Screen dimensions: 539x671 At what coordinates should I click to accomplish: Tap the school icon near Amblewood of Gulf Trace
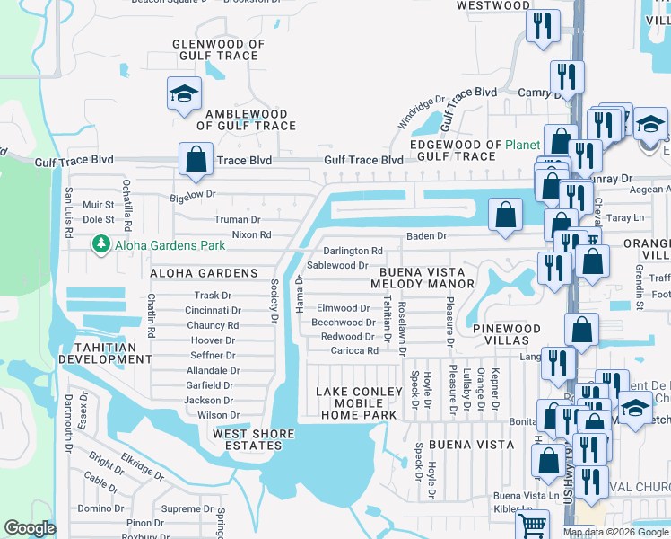point(184,94)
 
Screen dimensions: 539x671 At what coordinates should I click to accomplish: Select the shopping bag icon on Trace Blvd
point(195,160)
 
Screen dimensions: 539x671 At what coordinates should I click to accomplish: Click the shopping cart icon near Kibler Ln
point(533,524)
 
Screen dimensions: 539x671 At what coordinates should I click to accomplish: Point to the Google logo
point(30,528)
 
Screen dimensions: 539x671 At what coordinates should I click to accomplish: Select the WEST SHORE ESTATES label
point(254,440)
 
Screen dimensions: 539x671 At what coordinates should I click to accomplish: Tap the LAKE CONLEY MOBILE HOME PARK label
point(359,403)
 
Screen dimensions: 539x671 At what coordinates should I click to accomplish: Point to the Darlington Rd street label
point(353,252)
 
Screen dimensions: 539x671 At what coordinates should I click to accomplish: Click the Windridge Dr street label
point(422,112)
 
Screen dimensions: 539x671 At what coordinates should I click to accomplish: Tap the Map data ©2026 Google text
point(616,532)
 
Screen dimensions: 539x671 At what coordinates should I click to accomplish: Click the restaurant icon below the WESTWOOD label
point(543,26)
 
